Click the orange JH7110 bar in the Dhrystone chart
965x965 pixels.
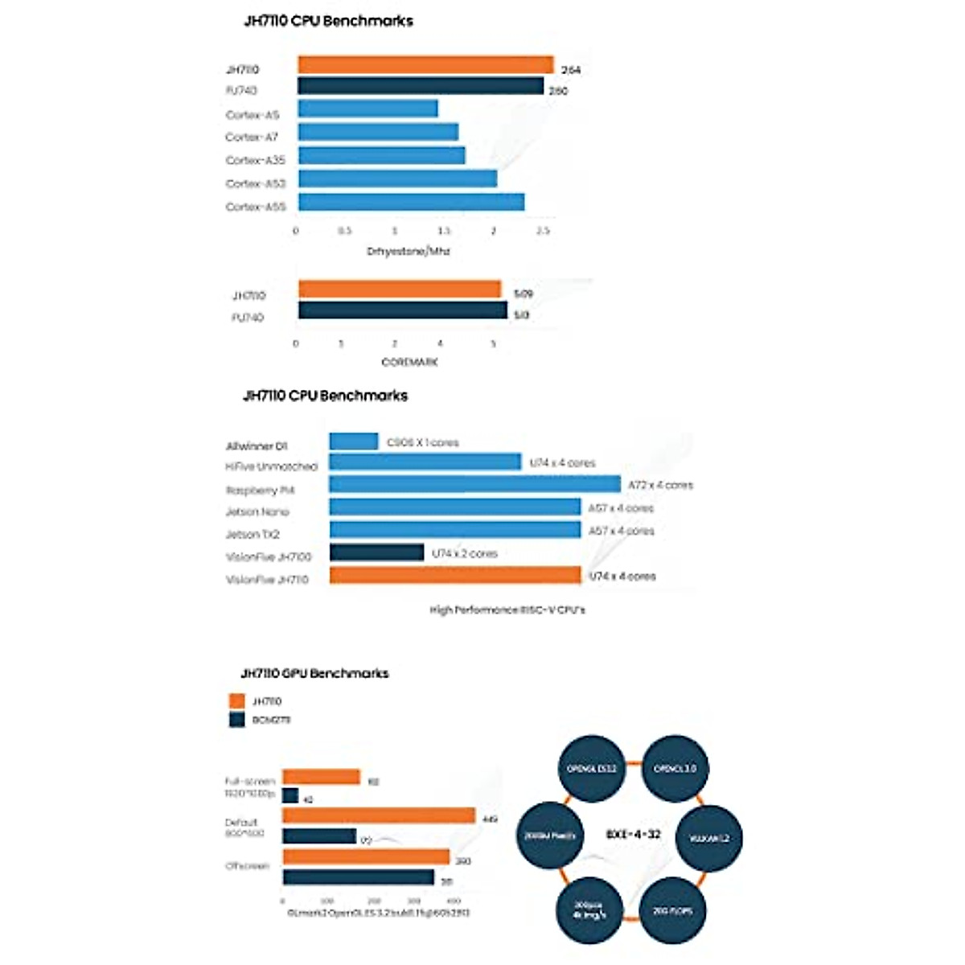425,65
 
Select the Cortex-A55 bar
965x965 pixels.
411,202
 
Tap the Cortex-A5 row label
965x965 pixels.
253,115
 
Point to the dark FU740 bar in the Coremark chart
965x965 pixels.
402,310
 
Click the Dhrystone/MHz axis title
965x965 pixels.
409,252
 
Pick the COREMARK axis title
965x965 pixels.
409,363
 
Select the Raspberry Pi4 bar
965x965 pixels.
474,484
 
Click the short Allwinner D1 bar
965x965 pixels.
353,441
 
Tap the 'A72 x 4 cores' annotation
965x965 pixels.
660,485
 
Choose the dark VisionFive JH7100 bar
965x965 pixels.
376,553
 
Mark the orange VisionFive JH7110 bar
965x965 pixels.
455,576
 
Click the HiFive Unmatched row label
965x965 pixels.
272,466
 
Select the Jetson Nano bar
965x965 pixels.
455,507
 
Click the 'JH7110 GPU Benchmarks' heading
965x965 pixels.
314,673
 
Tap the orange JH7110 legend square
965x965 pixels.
236,701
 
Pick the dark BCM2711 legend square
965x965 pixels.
236,720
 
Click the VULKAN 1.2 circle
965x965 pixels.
708,838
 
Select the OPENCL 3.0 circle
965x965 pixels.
675,769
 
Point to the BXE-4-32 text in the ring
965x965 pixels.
633,834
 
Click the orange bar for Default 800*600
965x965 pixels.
379,816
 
